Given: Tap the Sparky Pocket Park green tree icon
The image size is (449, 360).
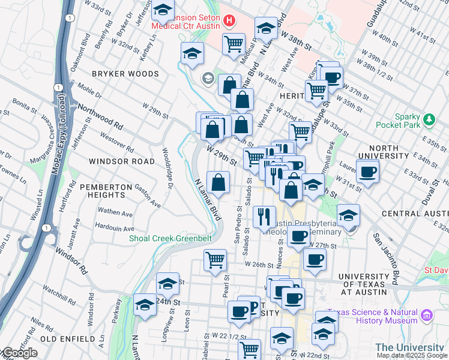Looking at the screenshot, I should coord(429,120).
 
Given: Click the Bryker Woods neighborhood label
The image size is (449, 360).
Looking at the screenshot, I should coord(125,74).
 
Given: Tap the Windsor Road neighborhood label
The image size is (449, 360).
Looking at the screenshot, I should coord(122,161).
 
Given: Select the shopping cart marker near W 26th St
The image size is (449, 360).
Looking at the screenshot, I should coord(215,260).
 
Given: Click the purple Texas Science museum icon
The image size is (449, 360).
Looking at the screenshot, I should coord(427,315).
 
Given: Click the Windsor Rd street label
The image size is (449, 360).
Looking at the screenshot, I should coord(71,262).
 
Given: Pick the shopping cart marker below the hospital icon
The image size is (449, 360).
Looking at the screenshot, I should coord(233,43).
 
